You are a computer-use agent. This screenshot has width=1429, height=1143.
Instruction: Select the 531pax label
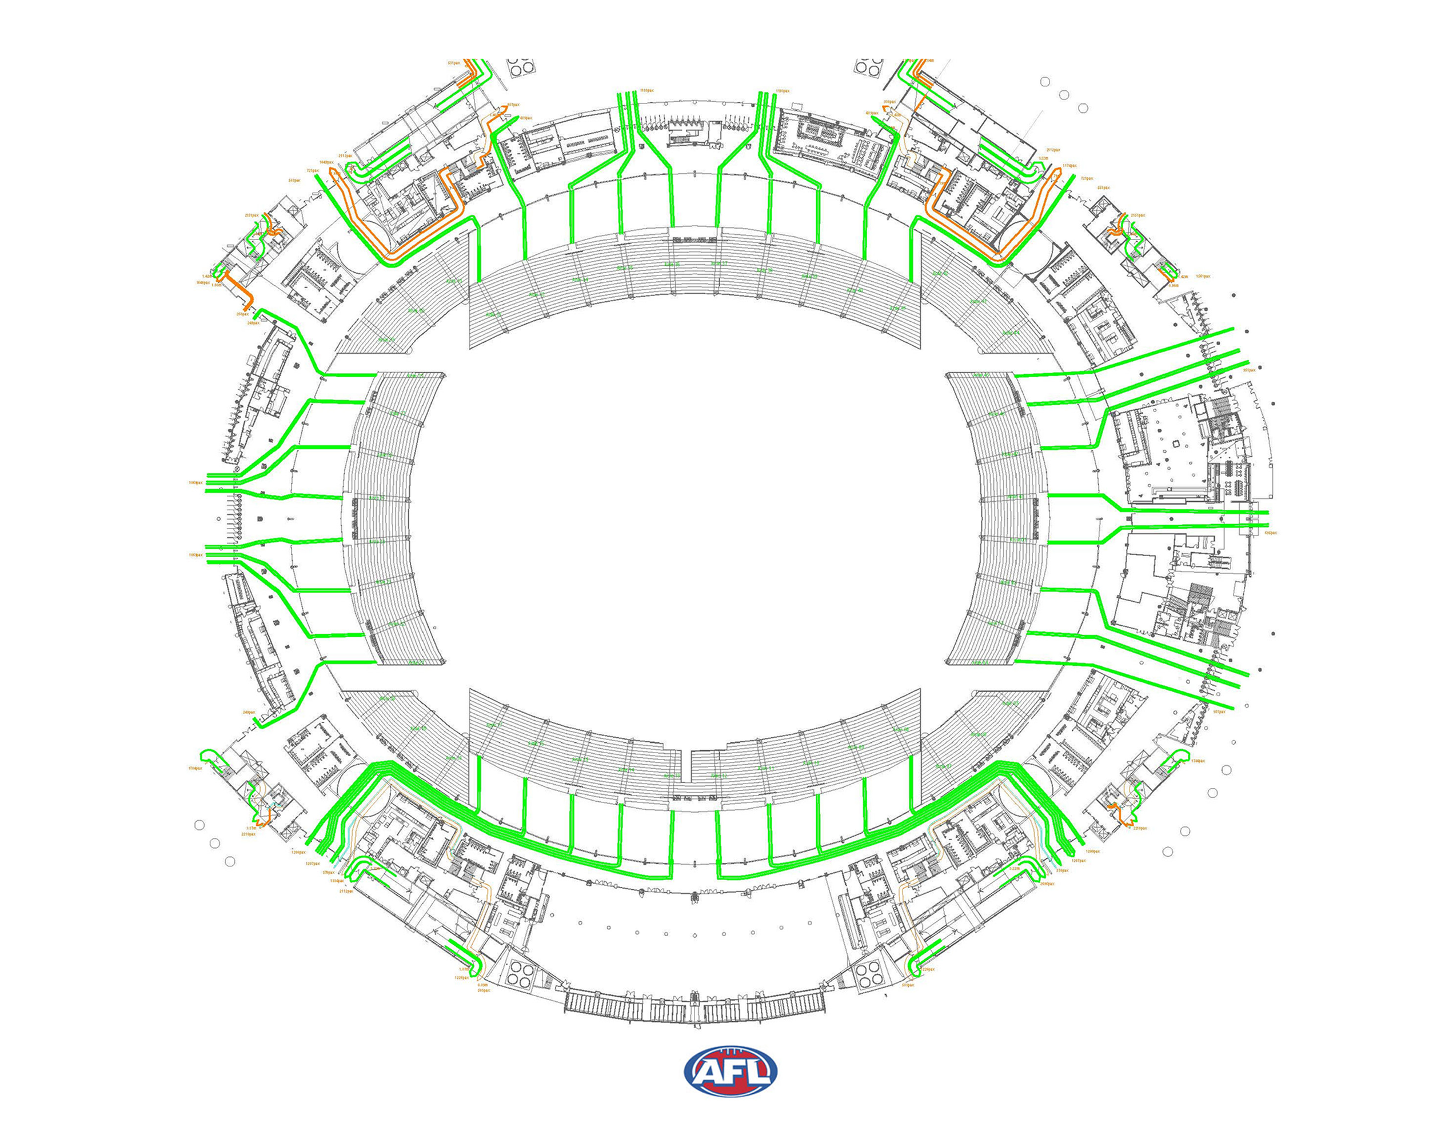click(453, 63)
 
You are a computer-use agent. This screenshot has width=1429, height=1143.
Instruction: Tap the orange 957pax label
click(513, 105)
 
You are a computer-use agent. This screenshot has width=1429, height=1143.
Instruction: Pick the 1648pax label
click(325, 162)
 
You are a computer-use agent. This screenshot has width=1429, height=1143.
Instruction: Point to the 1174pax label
click(1069, 166)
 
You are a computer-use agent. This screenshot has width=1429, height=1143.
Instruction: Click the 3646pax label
click(203, 283)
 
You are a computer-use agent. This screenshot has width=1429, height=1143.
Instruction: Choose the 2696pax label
click(1047, 884)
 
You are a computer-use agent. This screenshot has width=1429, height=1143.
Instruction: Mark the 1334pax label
click(337, 881)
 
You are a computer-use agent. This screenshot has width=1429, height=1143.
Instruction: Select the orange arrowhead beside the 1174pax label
click(1059, 170)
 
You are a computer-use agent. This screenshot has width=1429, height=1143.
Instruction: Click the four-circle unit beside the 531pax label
click(520, 67)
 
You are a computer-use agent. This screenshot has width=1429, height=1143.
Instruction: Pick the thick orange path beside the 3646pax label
click(235, 288)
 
